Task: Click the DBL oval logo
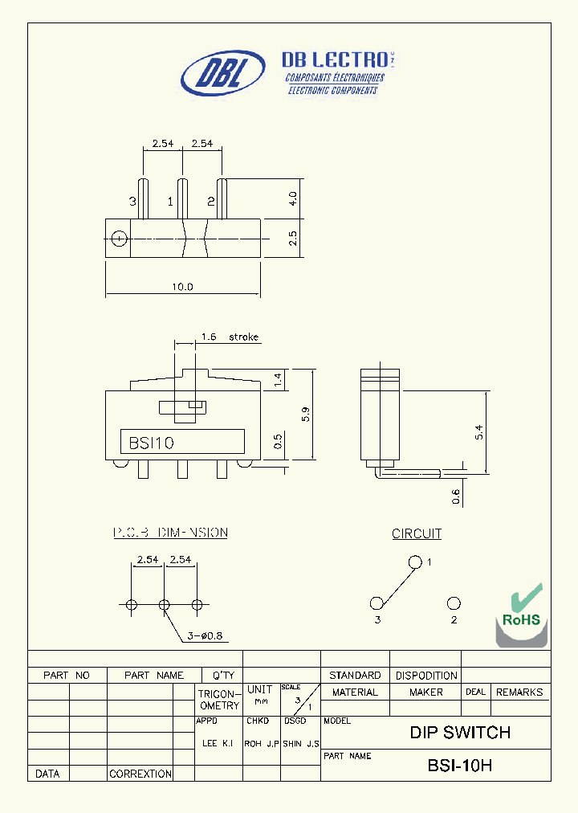click(x=222, y=73)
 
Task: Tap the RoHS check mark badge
click(x=522, y=615)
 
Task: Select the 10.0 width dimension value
click(x=182, y=287)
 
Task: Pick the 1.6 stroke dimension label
click(x=229, y=337)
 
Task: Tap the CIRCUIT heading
click(x=417, y=533)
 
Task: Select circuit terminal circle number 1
click(x=414, y=562)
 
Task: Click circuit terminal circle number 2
click(x=454, y=603)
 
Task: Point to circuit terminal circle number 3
click(x=377, y=603)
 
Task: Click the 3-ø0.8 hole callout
click(x=203, y=636)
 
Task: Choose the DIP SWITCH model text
click(x=460, y=733)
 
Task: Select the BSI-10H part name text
click(x=459, y=766)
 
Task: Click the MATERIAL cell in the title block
click(x=355, y=692)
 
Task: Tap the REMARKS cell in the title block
click(x=519, y=692)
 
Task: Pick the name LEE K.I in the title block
click(x=218, y=744)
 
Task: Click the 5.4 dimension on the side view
click(x=479, y=432)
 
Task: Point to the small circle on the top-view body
click(x=119, y=238)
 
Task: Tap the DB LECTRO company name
click(x=335, y=59)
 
